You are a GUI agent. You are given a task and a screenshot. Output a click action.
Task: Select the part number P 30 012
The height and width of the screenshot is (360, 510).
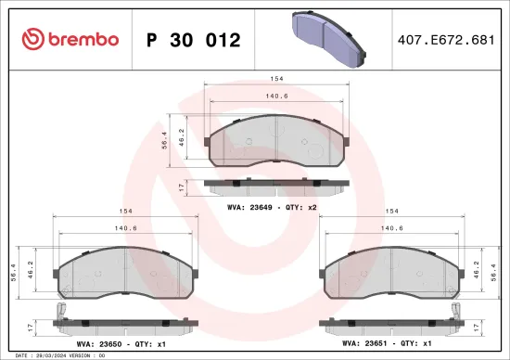point(194,40)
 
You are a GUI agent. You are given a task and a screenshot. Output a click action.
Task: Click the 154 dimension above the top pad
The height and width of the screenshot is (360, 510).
point(276,81)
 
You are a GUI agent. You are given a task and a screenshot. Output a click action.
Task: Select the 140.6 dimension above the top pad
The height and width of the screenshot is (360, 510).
point(276,96)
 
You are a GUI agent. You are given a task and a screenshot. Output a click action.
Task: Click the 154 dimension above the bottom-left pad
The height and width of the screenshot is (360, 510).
point(124,212)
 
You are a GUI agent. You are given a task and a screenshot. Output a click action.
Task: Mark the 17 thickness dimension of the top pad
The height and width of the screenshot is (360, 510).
point(181,186)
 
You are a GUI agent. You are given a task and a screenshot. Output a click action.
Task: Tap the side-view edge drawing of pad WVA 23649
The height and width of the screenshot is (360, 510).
point(276,186)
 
